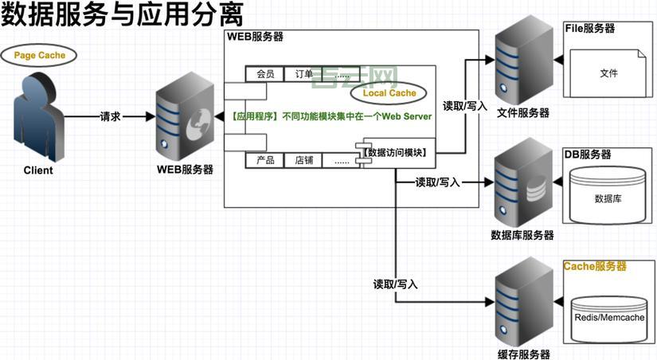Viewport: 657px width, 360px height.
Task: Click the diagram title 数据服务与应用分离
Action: coord(122,16)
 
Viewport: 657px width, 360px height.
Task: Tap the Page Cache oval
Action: coord(40,56)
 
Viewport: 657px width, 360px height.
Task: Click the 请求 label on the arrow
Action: coord(110,116)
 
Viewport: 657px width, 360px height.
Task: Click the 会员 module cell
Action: coord(265,74)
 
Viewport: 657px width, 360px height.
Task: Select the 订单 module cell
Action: coord(303,74)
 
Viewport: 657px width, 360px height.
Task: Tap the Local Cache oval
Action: coord(389,93)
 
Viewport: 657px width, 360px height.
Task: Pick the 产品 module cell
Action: coord(265,160)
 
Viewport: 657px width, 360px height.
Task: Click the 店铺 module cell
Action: coord(303,160)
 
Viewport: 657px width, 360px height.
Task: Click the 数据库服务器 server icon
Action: coord(522,190)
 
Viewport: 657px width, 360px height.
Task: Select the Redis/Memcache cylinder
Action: coord(609,318)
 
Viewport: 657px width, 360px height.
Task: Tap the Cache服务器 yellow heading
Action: coord(595,266)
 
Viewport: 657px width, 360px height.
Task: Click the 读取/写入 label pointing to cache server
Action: coord(395,284)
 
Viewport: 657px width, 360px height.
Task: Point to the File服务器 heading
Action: coord(590,28)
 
